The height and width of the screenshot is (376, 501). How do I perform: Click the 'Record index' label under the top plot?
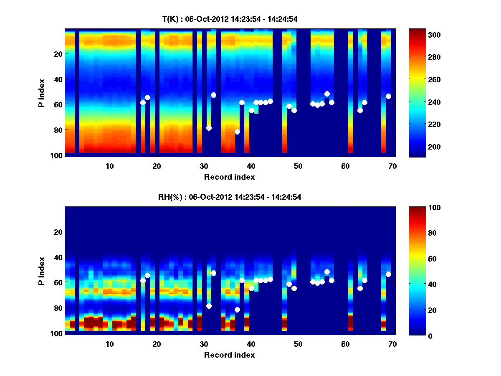coord(230,177)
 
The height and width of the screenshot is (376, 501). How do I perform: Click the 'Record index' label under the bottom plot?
coord(230,355)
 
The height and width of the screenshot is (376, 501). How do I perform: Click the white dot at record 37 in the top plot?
coord(237,132)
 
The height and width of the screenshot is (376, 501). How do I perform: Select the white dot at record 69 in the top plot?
coord(388,96)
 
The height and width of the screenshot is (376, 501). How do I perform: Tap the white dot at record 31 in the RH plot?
coord(209,306)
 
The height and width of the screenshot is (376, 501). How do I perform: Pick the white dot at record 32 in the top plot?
coord(213,95)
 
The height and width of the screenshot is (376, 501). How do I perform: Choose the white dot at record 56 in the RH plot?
coord(327,272)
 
